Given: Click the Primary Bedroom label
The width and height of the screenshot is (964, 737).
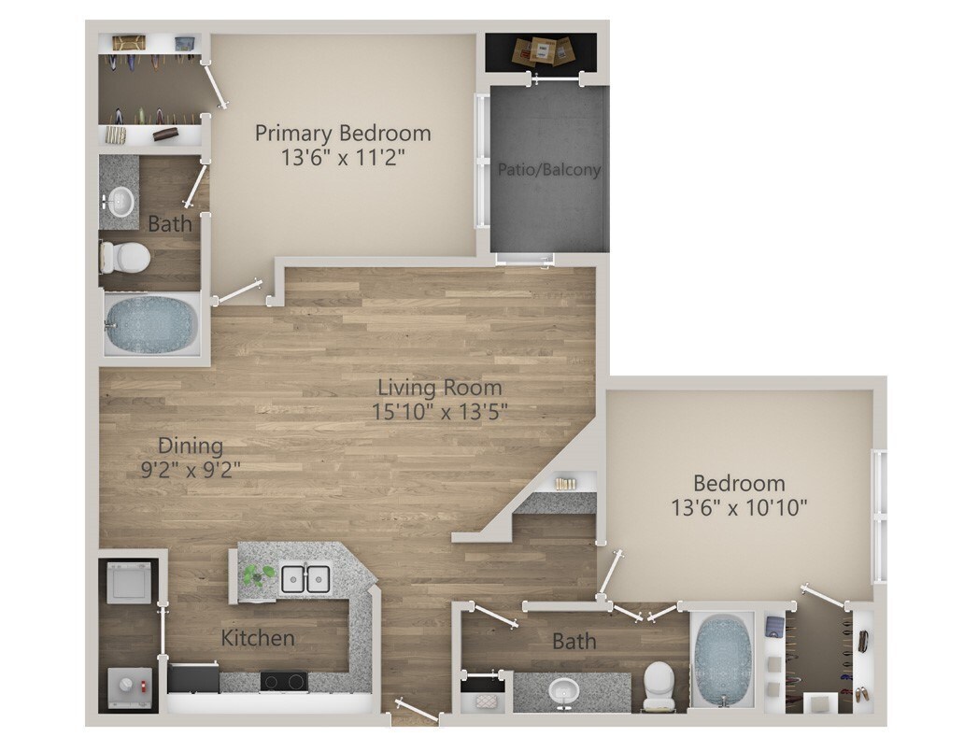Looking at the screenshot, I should pyautogui.click(x=343, y=133).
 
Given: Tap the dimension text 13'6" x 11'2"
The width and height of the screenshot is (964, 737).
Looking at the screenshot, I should pyautogui.click(x=343, y=157).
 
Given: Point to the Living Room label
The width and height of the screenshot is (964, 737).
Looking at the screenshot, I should pyautogui.click(x=439, y=387).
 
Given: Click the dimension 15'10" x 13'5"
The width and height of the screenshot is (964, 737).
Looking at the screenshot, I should pyautogui.click(x=439, y=410).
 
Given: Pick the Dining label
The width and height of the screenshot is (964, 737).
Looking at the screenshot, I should pyautogui.click(x=190, y=445).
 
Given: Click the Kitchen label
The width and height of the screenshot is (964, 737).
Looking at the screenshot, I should pyautogui.click(x=258, y=639).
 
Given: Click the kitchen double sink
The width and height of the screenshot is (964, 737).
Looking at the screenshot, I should pyautogui.click(x=305, y=578).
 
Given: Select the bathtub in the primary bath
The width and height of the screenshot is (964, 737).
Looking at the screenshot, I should pyautogui.click(x=150, y=323).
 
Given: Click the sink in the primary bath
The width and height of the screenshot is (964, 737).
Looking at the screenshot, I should pyautogui.click(x=120, y=199).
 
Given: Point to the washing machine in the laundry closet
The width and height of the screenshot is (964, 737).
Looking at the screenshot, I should pyautogui.click(x=127, y=584).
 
